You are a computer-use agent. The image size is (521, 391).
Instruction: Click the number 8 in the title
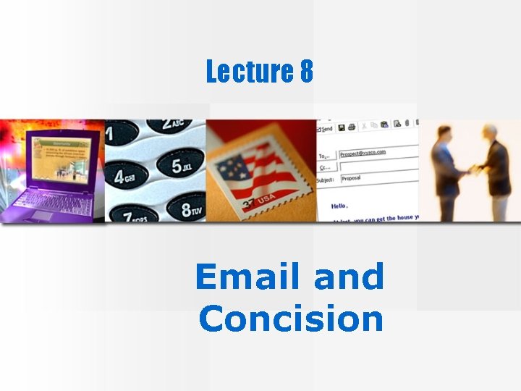pyautogui.click(x=305, y=72)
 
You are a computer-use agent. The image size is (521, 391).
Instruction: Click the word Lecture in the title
pyautogui.click(x=245, y=72)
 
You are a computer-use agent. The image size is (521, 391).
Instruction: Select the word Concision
pyautogui.click(x=290, y=319)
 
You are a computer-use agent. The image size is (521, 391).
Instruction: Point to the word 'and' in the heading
pyautogui.click(x=350, y=277)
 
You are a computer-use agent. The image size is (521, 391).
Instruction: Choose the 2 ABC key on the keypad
pyautogui.click(x=175, y=127)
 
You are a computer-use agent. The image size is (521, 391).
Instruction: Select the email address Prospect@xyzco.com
pyautogui.click(x=363, y=153)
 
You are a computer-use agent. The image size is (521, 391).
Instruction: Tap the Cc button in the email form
pyautogui.click(x=325, y=166)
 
